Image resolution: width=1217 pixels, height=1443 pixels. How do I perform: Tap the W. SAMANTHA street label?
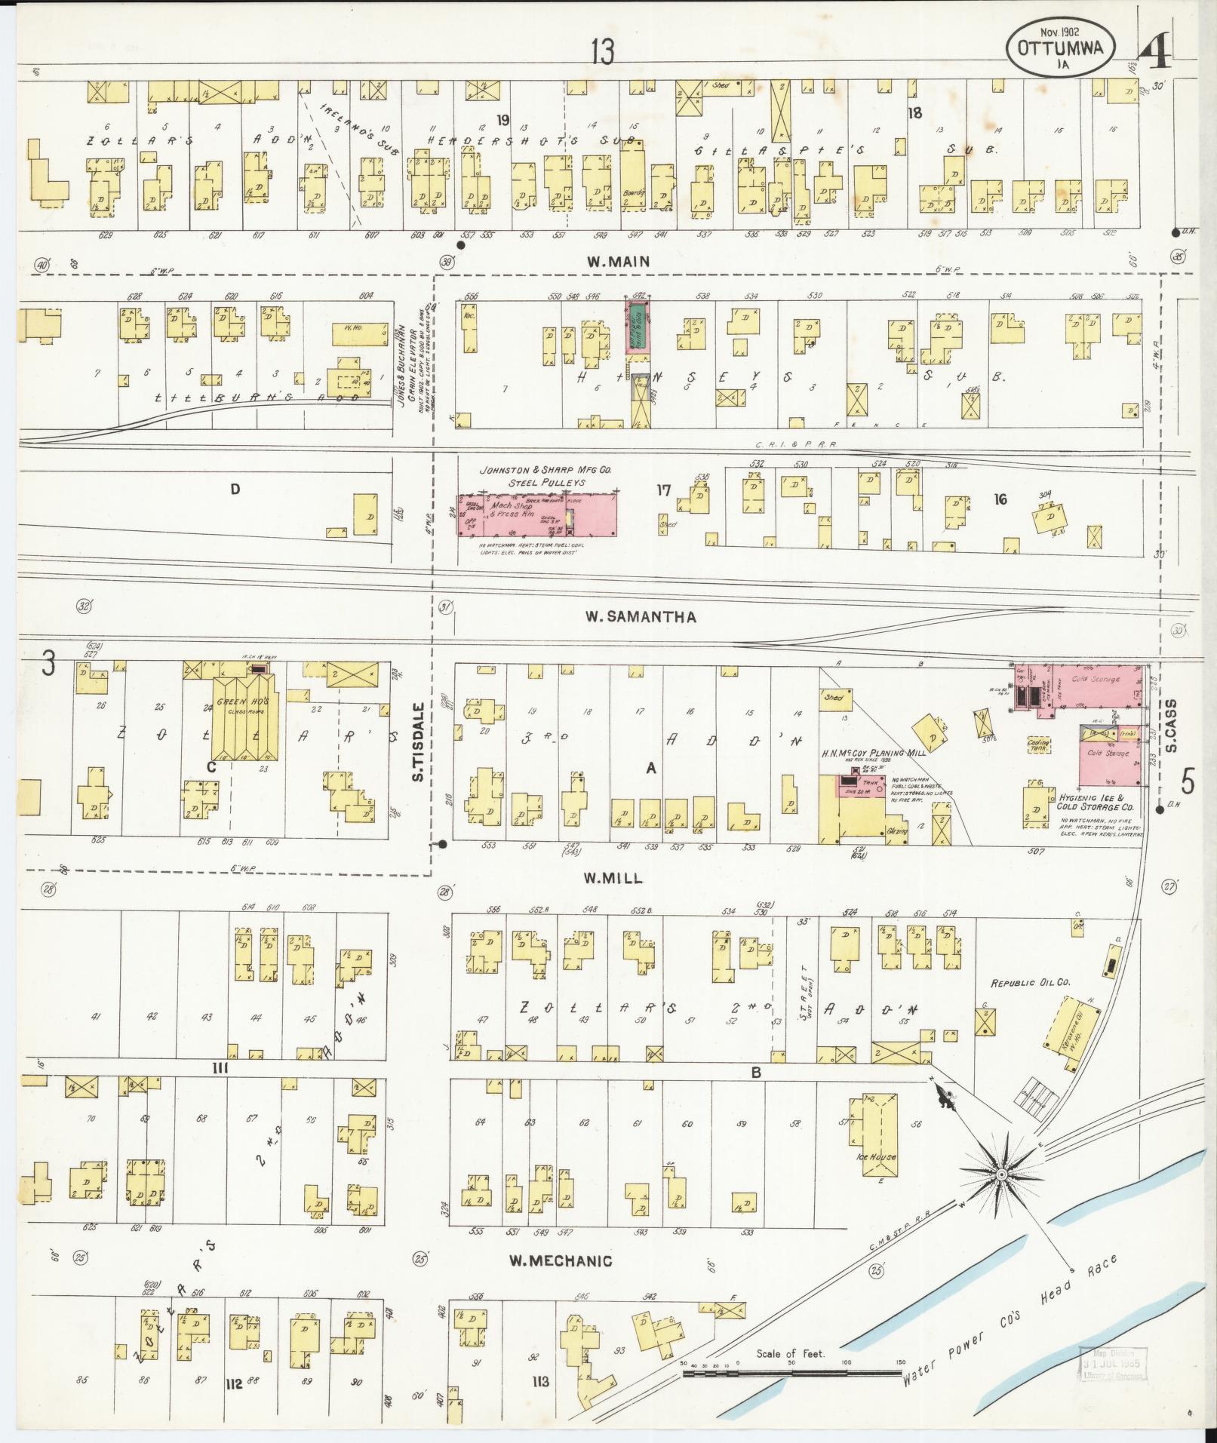coord(641,617)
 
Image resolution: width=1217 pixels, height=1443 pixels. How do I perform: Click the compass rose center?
coord(1000,1197)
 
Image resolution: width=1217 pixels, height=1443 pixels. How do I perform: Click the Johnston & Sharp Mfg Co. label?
coord(546,469)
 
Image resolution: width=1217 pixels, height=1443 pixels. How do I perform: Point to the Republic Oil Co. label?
coord(1030,984)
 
